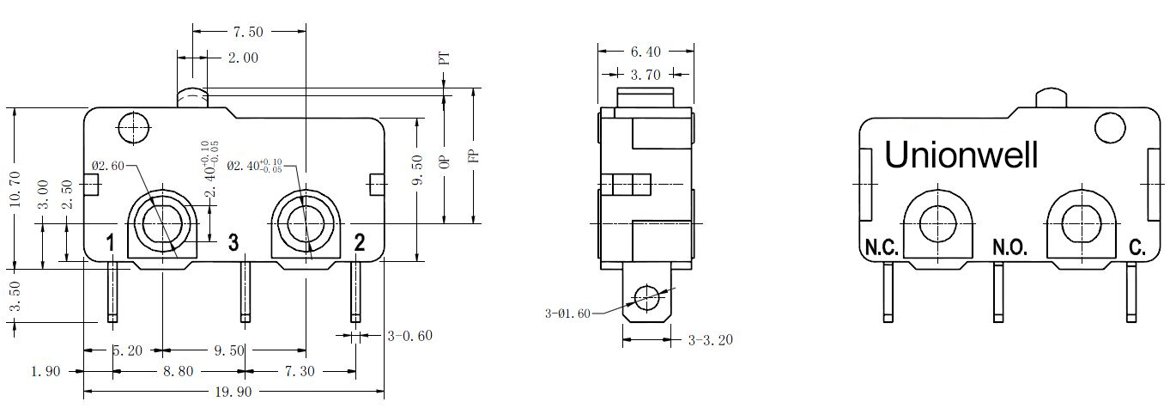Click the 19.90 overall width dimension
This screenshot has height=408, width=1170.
(x=233, y=392)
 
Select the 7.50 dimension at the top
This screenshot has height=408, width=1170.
(x=248, y=33)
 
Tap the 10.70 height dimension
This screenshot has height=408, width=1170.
(x=15, y=189)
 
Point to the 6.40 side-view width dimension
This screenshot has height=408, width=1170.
(x=646, y=52)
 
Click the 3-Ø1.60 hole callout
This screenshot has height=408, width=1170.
(x=567, y=314)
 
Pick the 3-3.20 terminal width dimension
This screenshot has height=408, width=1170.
(x=711, y=341)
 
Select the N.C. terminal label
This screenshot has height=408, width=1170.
(x=882, y=247)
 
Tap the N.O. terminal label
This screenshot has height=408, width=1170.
(x=1009, y=247)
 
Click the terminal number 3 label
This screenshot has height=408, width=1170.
(x=233, y=242)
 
